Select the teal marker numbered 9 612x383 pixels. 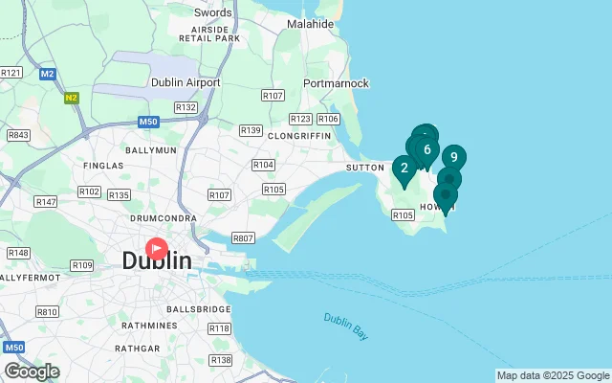[x=453, y=158]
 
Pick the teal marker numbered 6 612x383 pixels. [x=426, y=149]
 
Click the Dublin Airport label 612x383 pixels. [x=186, y=82]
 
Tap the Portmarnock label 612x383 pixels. [x=336, y=83]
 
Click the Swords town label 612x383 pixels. [x=212, y=12]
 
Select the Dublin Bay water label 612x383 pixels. [x=345, y=326]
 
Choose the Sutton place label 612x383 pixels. [x=364, y=168]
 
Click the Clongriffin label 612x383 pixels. [x=299, y=136]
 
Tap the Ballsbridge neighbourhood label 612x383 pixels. [x=198, y=309]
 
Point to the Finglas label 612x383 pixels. [x=103, y=166]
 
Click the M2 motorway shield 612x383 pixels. [x=48, y=73]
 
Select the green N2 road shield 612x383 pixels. [x=72, y=97]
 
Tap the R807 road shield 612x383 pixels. [x=244, y=237]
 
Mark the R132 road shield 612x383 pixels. [x=186, y=107]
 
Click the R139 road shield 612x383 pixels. [x=251, y=130]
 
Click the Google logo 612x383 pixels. [x=32, y=372]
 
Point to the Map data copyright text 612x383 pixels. [x=552, y=375]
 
